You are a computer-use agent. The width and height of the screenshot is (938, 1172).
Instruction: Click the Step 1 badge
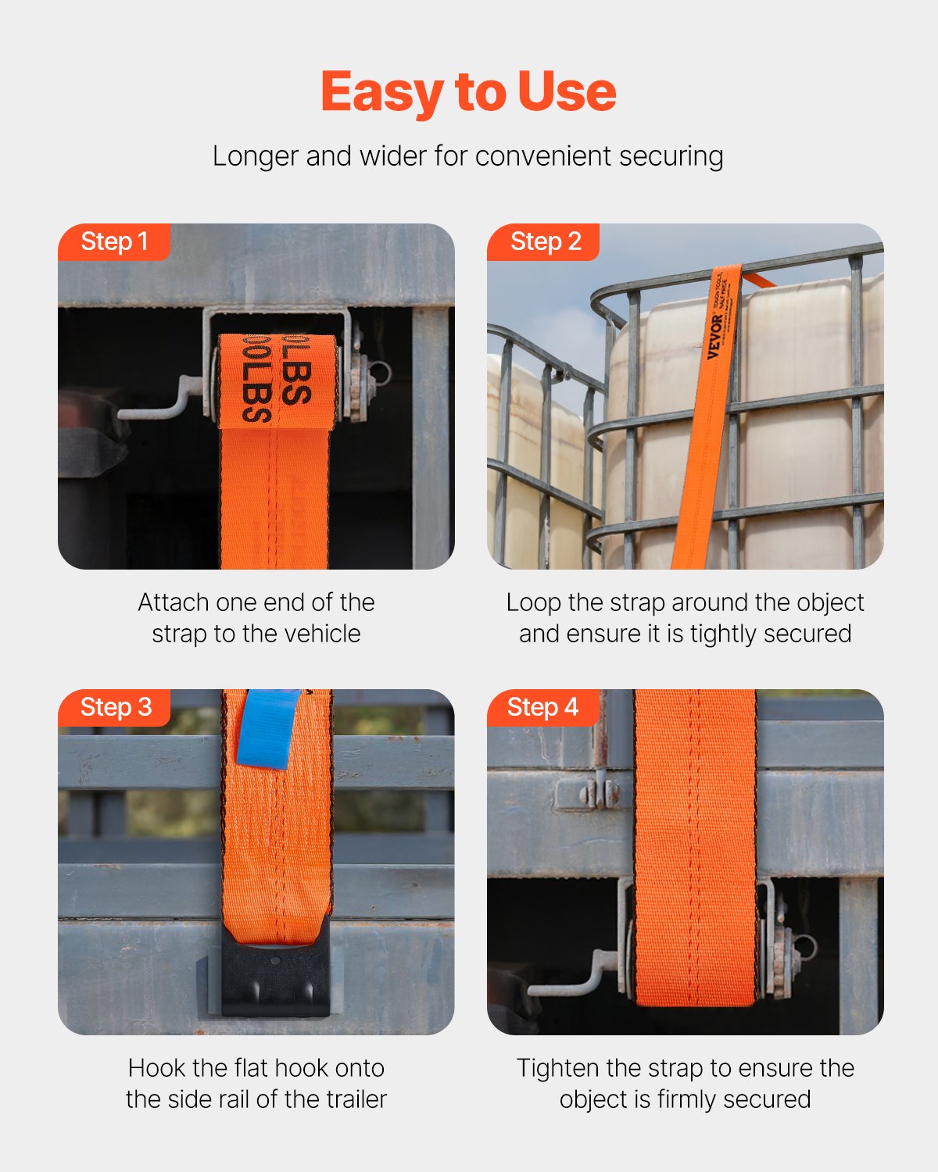114,241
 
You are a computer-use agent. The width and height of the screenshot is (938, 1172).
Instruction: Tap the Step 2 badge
545,241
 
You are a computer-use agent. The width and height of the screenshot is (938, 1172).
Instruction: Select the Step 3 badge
115,707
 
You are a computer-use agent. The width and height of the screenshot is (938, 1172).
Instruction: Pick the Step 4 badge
542,707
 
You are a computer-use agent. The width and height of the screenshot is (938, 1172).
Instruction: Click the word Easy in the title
382,92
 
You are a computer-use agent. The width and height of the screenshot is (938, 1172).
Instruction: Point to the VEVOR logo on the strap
714,337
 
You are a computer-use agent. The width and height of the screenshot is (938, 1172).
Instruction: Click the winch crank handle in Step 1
156,403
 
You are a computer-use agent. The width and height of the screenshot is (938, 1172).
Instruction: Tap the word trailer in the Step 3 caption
356,1099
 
